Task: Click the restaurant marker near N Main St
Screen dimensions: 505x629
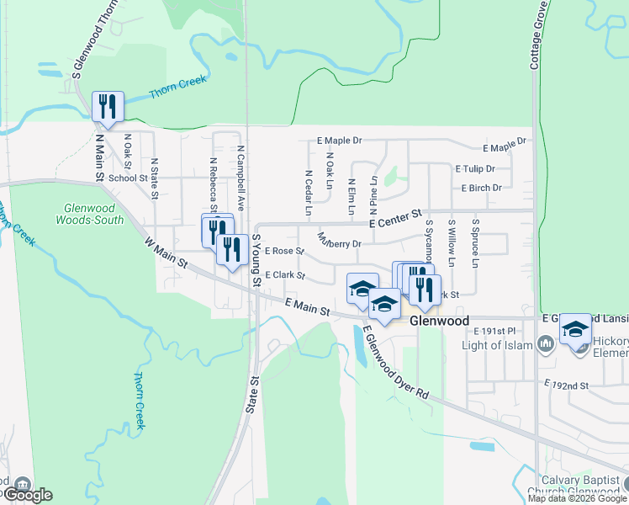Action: (x=108, y=106)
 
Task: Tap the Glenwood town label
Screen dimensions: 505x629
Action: (x=439, y=322)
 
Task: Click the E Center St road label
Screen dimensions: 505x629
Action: (x=394, y=218)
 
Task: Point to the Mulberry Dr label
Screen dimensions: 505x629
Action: (x=339, y=241)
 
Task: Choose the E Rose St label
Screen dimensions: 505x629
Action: (x=283, y=251)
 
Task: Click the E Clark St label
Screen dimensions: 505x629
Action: (x=283, y=275)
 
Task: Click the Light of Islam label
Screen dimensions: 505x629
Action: (x=498, y=345)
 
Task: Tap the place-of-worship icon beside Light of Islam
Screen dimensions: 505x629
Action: (x=545, y=343)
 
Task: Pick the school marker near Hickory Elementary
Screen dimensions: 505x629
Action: (x=575, y=328)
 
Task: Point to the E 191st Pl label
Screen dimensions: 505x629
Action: (x=494, y=332)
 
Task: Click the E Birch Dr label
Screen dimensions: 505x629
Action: (x=481, y=188)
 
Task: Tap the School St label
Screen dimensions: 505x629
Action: (x=128, y=178)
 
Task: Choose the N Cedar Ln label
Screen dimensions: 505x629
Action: (x=309, y=190)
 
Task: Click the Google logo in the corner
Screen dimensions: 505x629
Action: (x=27, y=495)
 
